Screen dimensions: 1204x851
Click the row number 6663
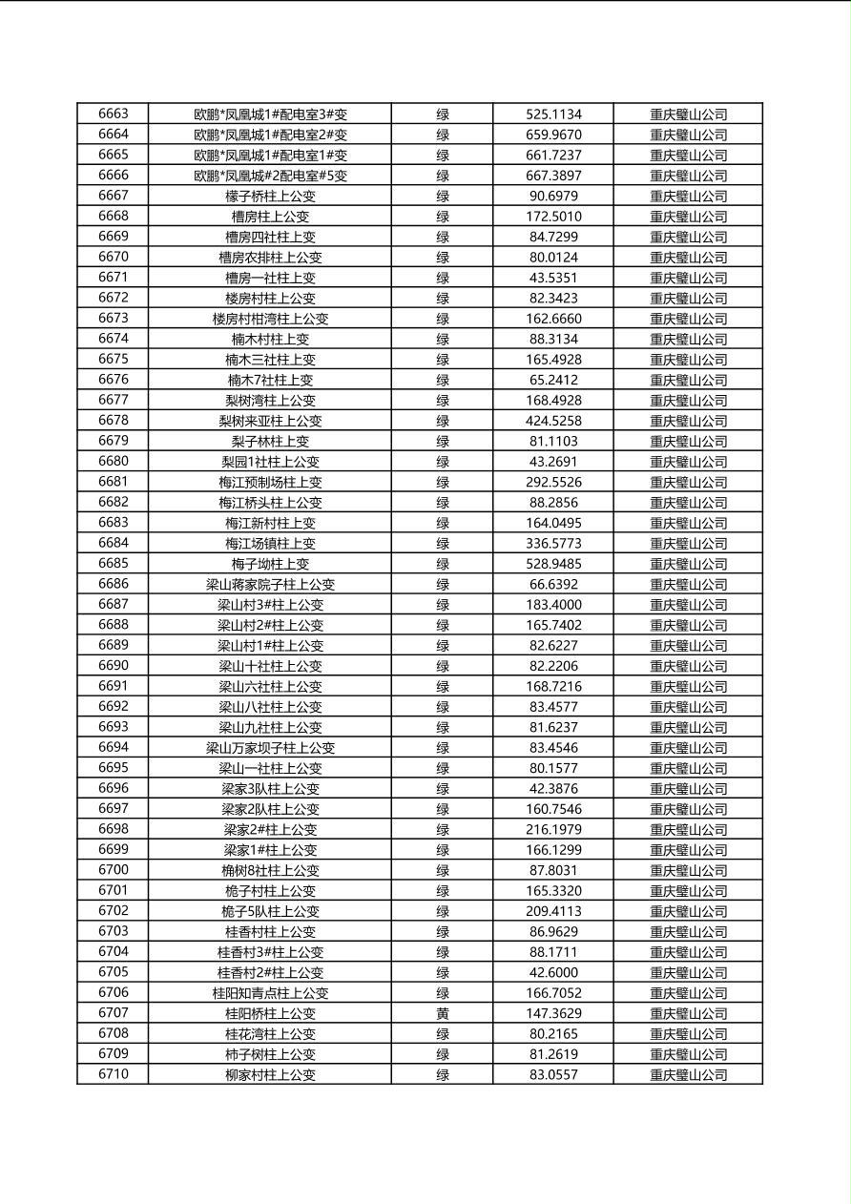tap(113, 114)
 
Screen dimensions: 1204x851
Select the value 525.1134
tap(553, 114)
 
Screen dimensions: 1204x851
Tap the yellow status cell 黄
tap(443, 1014)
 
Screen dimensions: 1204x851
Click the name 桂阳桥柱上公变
tap(270, 1014)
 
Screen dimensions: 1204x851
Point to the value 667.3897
tap(553, 176)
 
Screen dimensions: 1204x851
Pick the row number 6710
tap(113, 1074)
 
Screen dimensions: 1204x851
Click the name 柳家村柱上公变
tap(270, 1075)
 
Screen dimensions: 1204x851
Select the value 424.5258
tap(553, 421)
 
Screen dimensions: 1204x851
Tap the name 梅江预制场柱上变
tap(270, 483)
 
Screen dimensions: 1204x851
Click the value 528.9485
tap(553, 564)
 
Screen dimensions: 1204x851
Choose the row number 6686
tap(113, 584)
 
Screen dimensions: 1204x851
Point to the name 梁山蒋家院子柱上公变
tap(270, 585)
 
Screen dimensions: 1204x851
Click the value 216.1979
tap(553, 830)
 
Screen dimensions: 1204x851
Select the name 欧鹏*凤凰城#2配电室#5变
tap(270, 176)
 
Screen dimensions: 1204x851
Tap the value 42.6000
tap(553, 972)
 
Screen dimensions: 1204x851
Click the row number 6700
tap(113, 870)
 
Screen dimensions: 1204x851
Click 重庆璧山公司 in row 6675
tap(688, 360)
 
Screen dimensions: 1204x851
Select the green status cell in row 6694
tap(443, 748)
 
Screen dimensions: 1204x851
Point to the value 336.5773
tap(553, 544)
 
